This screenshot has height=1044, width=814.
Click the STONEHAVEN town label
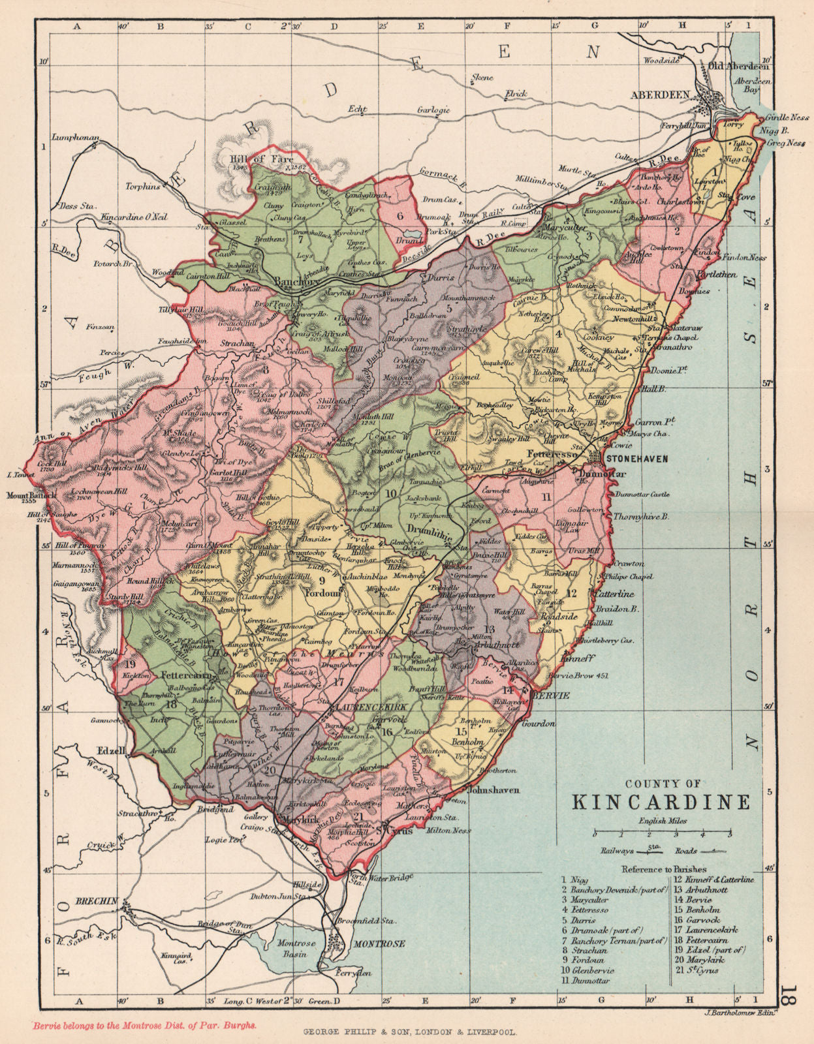[x=637, y=459]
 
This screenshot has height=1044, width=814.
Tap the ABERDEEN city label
[x=659, y=95]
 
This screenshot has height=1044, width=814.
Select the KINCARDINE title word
[x=661, y=801]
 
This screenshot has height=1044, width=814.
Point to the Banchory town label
[x=296, y=283]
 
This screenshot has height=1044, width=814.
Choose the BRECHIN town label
[x=97, y=901]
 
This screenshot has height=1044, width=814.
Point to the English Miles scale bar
[x=662, y=833]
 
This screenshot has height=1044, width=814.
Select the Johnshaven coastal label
[x=494, y=790]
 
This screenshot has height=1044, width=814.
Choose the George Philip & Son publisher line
[x=409, y=1033]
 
